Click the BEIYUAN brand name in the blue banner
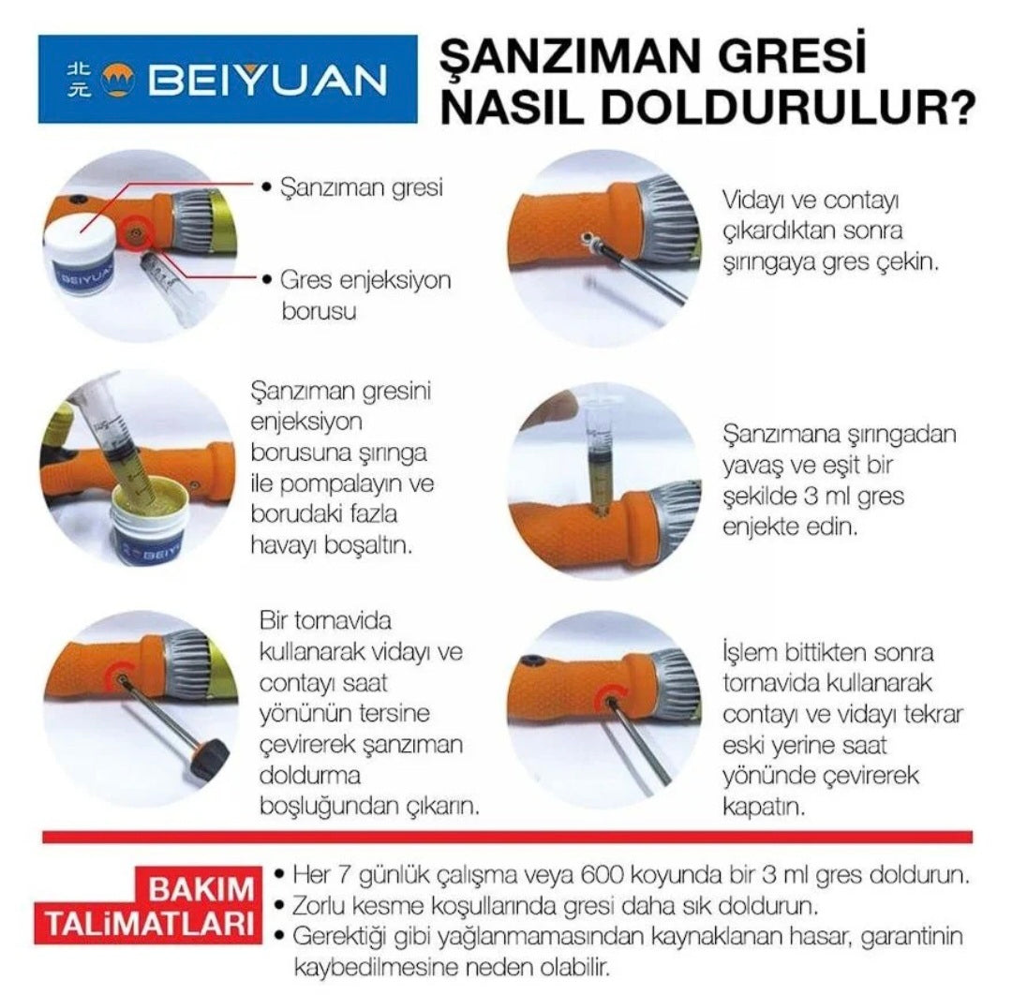click(x=268, y=81)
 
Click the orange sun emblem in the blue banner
click(x=118, y=82)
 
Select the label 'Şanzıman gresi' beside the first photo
click(x=362, y=186)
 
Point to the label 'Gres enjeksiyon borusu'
click(x=365, y=294)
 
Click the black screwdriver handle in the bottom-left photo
click(x=210, y=757)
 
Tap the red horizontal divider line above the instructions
click(x=506, y=836)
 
